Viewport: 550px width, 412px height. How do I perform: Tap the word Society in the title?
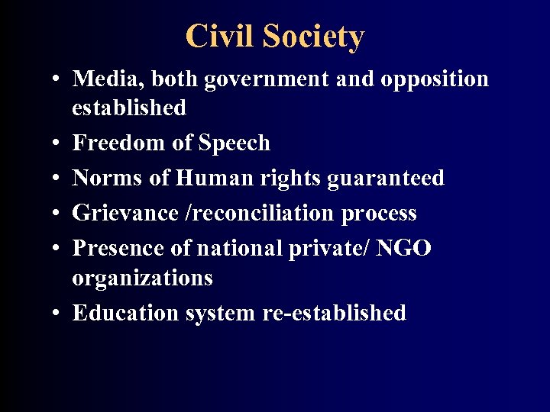click(x=313, y=36)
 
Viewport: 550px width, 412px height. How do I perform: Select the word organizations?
click(x=142, y=278)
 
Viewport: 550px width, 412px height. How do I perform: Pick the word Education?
click(x=126, y=312)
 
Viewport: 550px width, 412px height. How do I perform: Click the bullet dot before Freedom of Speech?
click(x=58, y=143)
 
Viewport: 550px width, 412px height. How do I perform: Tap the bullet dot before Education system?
click(x=58, y=313)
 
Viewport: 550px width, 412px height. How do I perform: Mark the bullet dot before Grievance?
click(x=58, y=214)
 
